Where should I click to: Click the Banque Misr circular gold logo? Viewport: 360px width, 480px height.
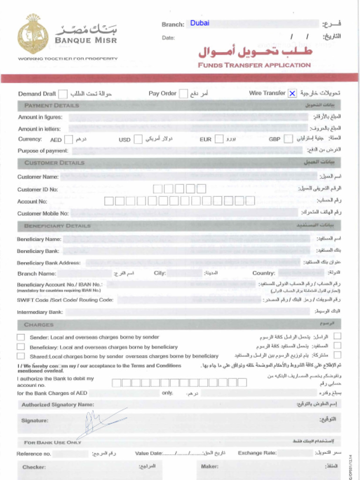pyautogui.click(x=33, y=34)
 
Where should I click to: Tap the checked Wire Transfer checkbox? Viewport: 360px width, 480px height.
pyautogui.click(x=292, y=93)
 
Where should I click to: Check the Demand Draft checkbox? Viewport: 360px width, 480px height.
pyautogui.click(x=62, y=94)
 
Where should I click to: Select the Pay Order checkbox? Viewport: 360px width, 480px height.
pyautogui.click(x=184, y=93)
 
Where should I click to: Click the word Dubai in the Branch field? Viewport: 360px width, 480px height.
pyautogui.click(x=200, y=23)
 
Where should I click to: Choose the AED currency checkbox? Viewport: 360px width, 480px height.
pyautogui.click(x=68, y=139)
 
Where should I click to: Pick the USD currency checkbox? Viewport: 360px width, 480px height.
pyautogui.click(x=138, y=139)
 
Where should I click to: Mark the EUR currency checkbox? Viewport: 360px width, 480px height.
pyautogui.click(x=219, y=139)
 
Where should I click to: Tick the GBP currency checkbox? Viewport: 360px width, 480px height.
pyautogui.click(x=289, y=139)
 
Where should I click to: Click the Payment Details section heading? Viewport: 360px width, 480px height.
pyautogui.click(x=52, y=105)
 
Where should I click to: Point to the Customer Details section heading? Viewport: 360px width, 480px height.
pyautogui.click(x=54, y=163)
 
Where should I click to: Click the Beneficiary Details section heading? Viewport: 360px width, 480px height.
pyautogui.click(x=57, y=226)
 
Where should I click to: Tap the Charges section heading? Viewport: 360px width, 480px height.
pyautogui.click(x=39, y=324)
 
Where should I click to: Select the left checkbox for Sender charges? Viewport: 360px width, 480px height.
pyautogui.click(x=21, y=337)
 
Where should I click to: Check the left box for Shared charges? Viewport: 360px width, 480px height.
pyautogui.click(x=21, y=356)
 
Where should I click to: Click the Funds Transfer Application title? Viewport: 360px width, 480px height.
pyautogui.click(x=254, y=65)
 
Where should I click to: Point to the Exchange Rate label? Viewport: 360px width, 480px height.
pyautogui.click(x=257, y=453)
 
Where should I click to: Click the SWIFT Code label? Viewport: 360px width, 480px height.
pyautogui.click(x=65, y=300)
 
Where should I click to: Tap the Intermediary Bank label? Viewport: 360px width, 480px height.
pyautogui.click(x=40, y=312)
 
